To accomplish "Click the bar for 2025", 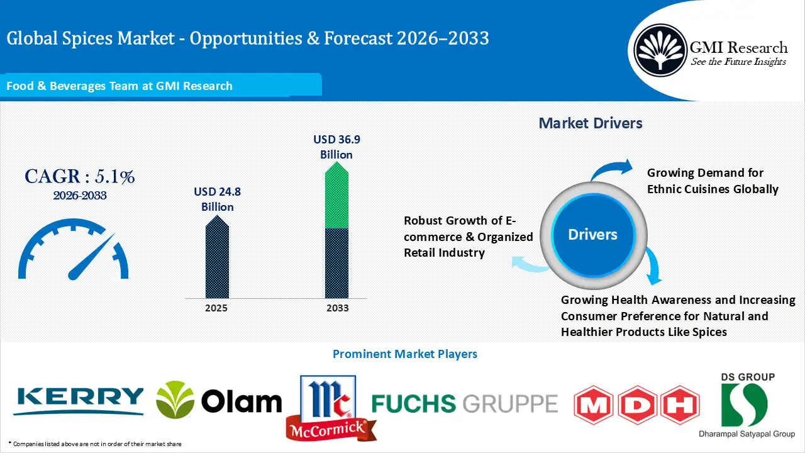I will click(x=217, y=258).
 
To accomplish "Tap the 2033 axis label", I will click(x=338, y=308).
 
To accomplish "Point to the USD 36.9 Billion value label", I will click(x=336, y=147).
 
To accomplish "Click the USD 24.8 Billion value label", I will click(x=217, y=199).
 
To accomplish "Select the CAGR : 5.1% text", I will click(x=80, y=177).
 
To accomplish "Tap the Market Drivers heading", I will click(x=590, y=123).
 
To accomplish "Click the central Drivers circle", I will click(x=592, y=235).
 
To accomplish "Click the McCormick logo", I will click(x=328, y=407).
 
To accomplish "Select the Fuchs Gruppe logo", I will click(x=464, y=403).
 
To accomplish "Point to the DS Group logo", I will click(x=747, y=405).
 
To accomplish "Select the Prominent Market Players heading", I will click(x=404, y=354).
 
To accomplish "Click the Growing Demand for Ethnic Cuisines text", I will click(x=713, y=181).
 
